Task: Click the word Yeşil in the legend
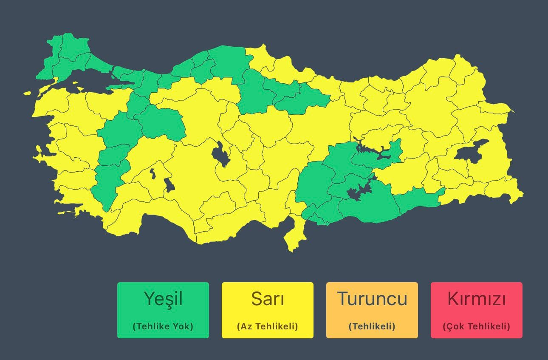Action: click(163, 299)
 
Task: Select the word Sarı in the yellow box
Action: click(267, 299)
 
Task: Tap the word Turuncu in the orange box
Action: click(372, 299)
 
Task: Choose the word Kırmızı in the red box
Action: click(476, 299)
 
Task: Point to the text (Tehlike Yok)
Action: click(163, 326)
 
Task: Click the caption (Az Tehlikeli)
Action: click(267, 326)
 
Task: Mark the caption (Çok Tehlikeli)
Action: click(476, 326)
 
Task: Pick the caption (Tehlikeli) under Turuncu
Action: click(372, 326)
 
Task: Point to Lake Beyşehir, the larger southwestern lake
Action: click(169, 185)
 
